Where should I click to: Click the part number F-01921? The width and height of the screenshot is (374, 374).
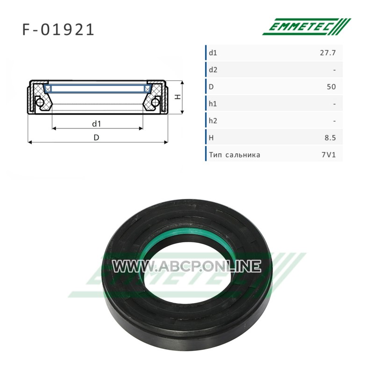pyautogui.click(x=58, y=30)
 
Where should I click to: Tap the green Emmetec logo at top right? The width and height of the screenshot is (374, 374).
pyautogui.click(x=307, y=27)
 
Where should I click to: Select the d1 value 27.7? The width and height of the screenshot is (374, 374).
pyautogui.click(x=328, y=53)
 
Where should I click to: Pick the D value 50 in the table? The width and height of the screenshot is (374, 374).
pyautogui.click(x=331, y=87)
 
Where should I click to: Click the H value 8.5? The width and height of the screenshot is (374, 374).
pyautogui.click(x=330, y=138)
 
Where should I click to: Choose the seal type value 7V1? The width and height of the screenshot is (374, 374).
pyautogui.click(x=329, y=155)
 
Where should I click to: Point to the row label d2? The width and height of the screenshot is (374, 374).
pyautogui.click(x=213, y=70)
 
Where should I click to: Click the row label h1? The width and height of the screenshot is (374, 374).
pyautogui.click(x=213, y=104)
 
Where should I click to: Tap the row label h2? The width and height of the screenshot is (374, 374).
pyautogui.click(x=213, y=121)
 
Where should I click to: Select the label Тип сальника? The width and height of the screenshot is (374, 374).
pyautogui.click(x=235, y=155)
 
